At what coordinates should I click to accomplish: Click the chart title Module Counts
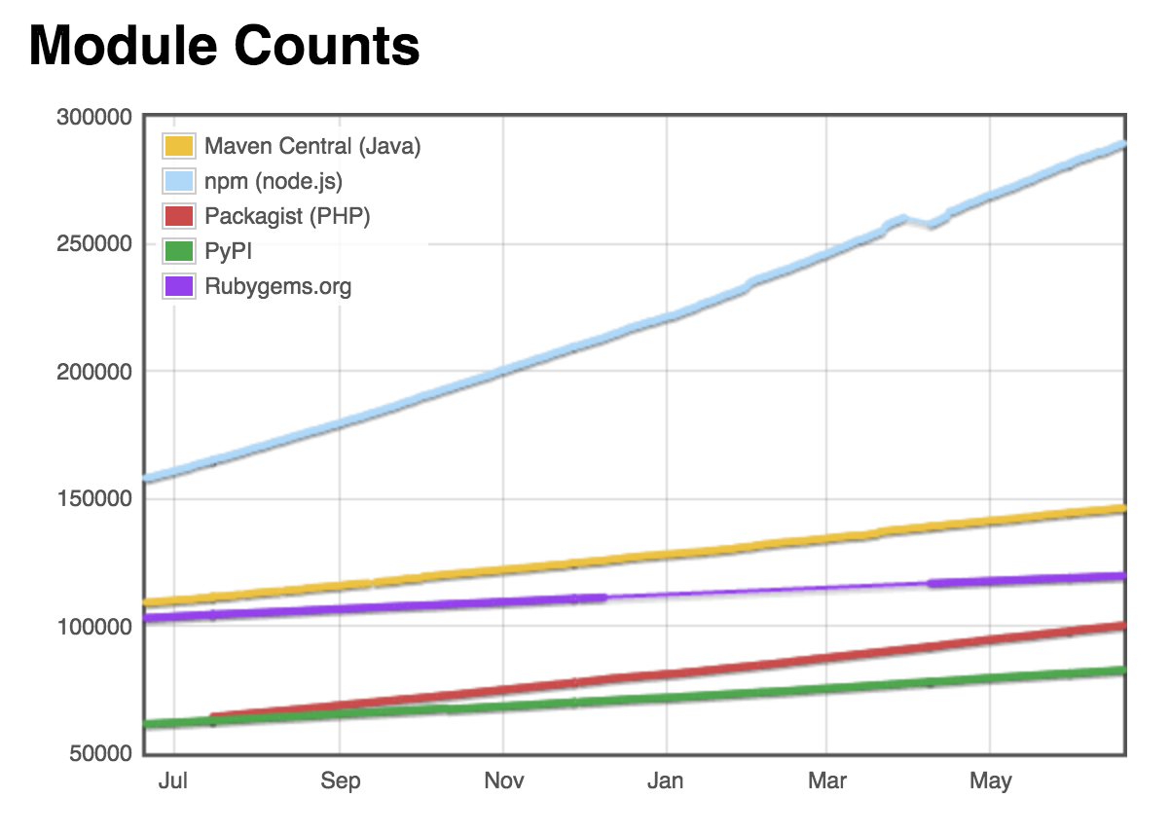[x=225, y=46]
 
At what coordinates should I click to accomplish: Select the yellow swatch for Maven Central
[x=178, y=146]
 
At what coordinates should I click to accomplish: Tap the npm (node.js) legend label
[x=274, y=181]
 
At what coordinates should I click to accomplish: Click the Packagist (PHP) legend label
[x=287, y=216]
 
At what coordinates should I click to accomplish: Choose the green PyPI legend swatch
[x=178, y=251]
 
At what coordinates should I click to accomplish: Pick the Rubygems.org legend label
[x=278, y=286]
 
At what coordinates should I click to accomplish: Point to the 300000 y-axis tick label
[x=94, y=117]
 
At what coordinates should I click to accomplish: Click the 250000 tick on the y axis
[x=94, y=244]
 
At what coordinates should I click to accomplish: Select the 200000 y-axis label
[x=94, y=372]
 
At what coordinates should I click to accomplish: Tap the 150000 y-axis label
[x=94, y=499]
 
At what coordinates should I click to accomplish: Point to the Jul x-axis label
[x=174, y=781]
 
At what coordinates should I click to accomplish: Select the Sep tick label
[x=340, y=781]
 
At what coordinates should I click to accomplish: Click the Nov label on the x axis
[x=503, y=781]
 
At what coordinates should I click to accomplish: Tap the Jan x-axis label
[x=667, y=781]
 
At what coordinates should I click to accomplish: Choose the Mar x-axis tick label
[x=826, y=781]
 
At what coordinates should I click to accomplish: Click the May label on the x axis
[x=991, y=781]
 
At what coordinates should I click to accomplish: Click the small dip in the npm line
[x=932, y=225]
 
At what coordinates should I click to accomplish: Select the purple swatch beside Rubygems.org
[x=178, y=286]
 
